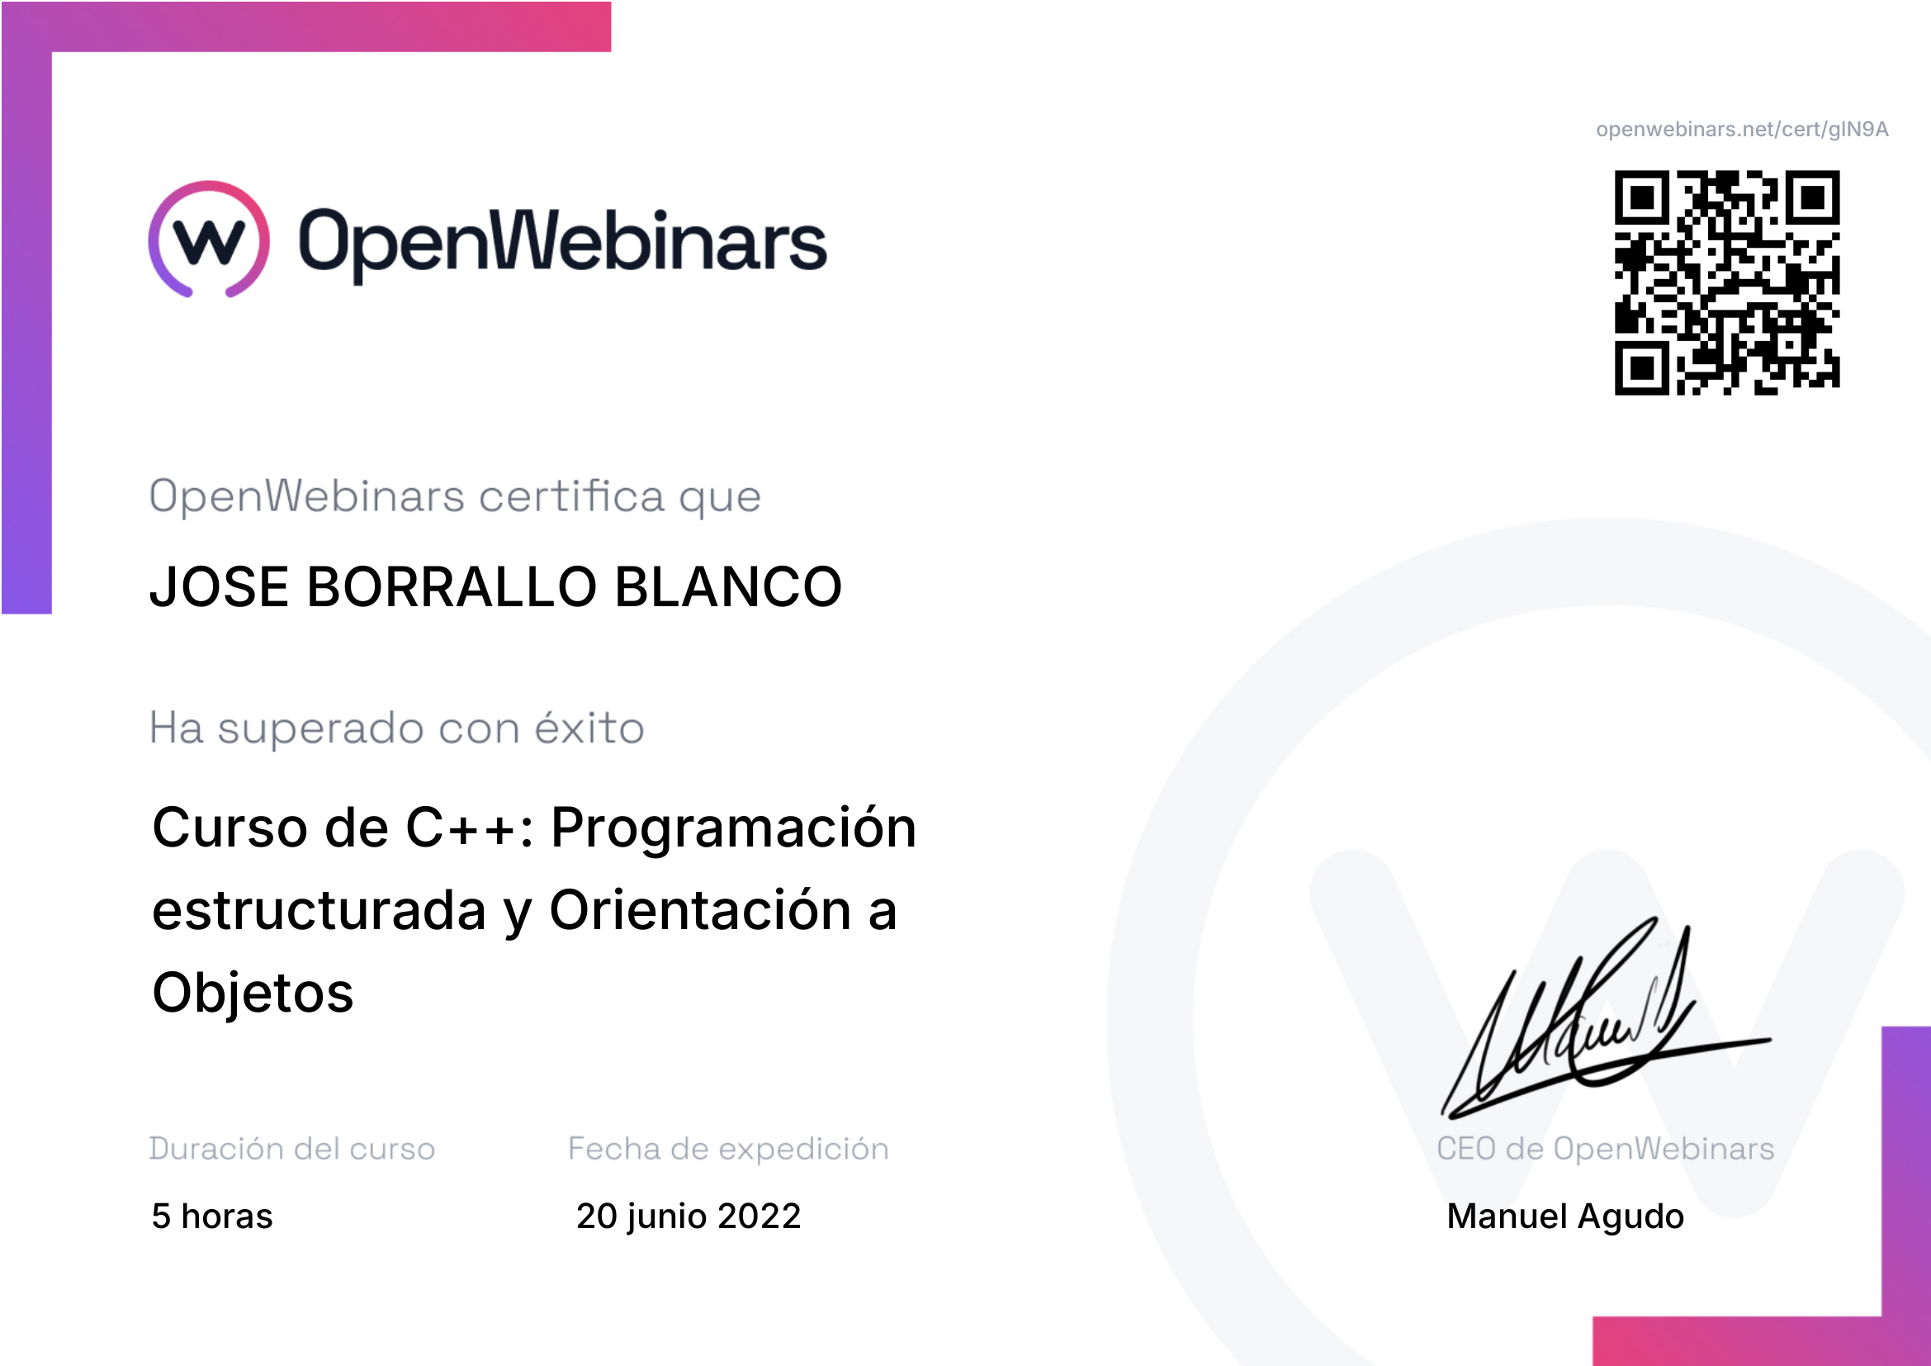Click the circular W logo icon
(x=209, y=239)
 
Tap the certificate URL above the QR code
(x=1742, y=130)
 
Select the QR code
(x=1726, y=282)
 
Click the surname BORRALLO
(x=452, y=586)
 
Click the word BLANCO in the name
(x=728, y=586)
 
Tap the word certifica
(x=572, y=496)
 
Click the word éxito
(x=589, y=727)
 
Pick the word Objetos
(x=253, y=993)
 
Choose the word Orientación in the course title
(x=701, y=910)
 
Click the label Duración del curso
(x=291, y=1148)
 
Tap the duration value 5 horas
(x=212, y=1216)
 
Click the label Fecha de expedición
(x=728, y=1149)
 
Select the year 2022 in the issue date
(x=760, y=1216)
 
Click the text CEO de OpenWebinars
(x=1606, y=1148)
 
